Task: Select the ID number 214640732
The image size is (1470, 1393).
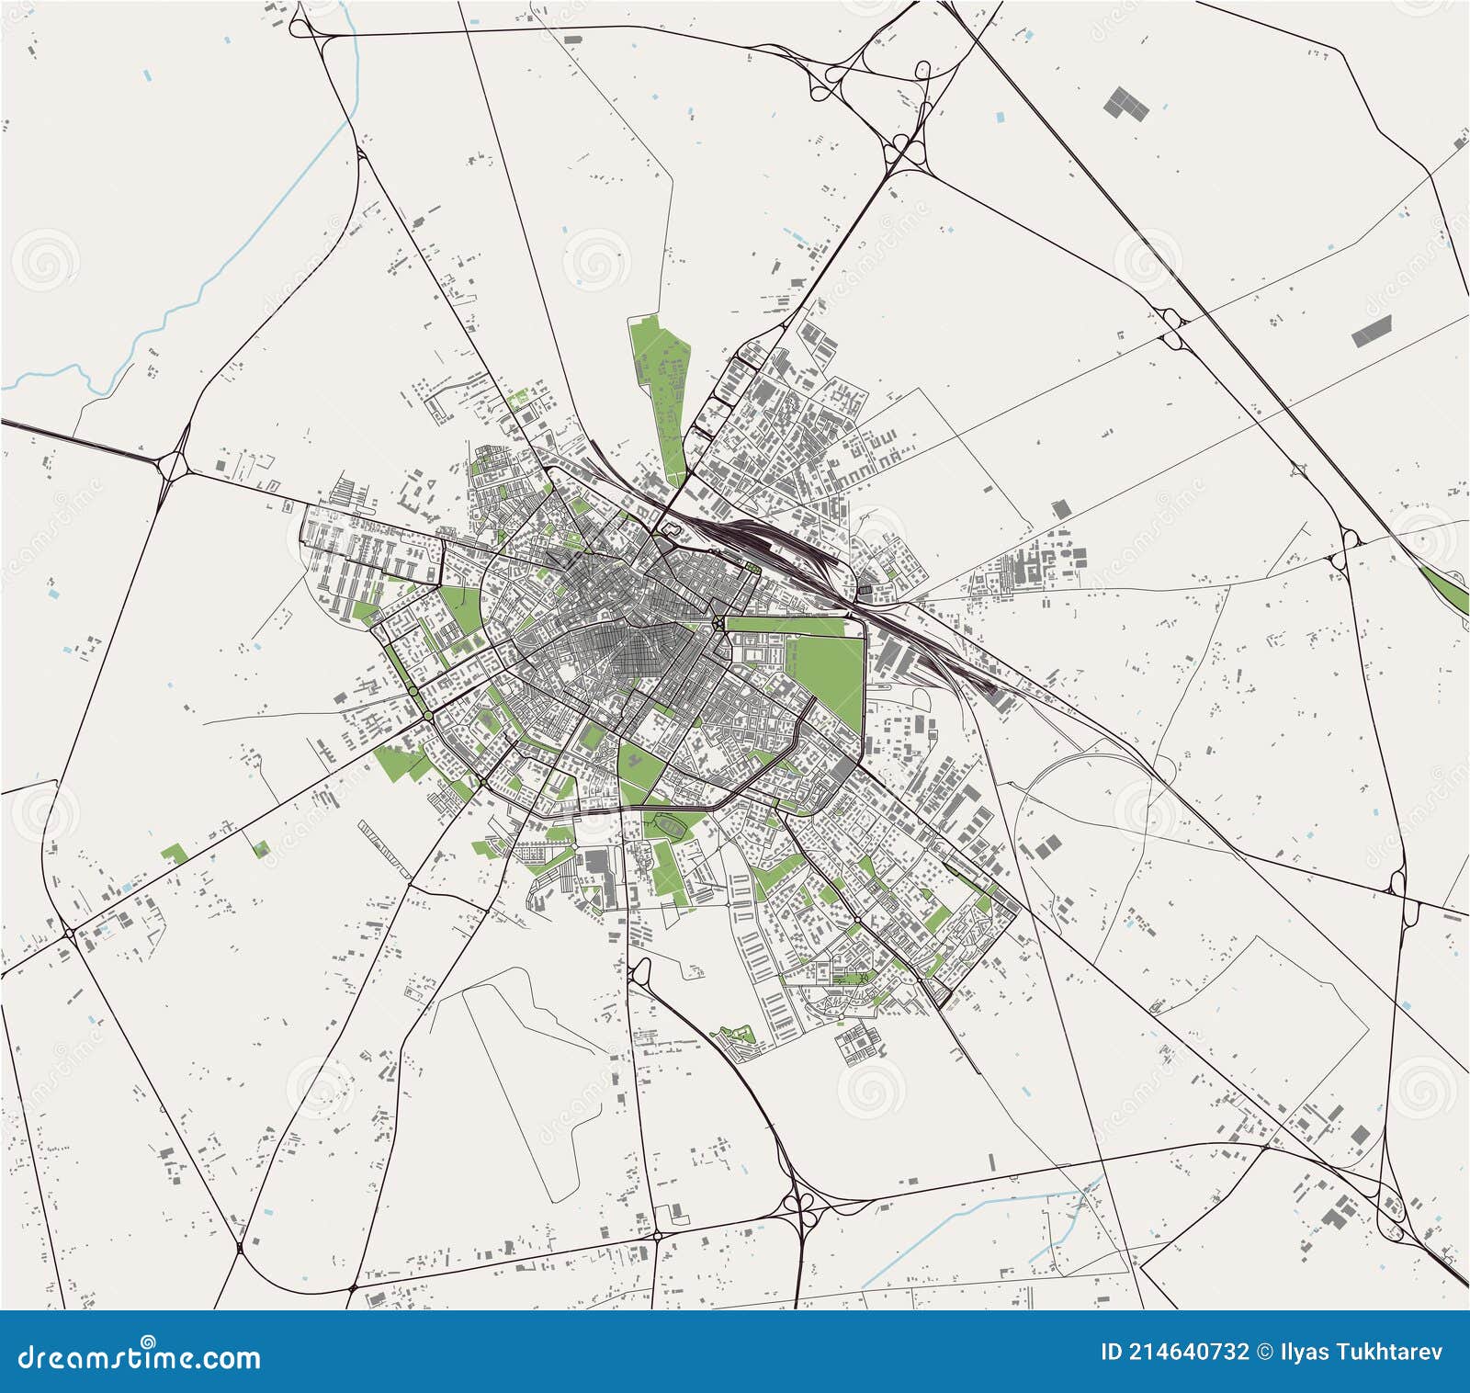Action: (1186, 1352)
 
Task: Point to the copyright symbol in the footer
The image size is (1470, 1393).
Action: (1264, 1352)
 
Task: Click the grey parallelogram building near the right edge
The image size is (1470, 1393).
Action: (1372, 330)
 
